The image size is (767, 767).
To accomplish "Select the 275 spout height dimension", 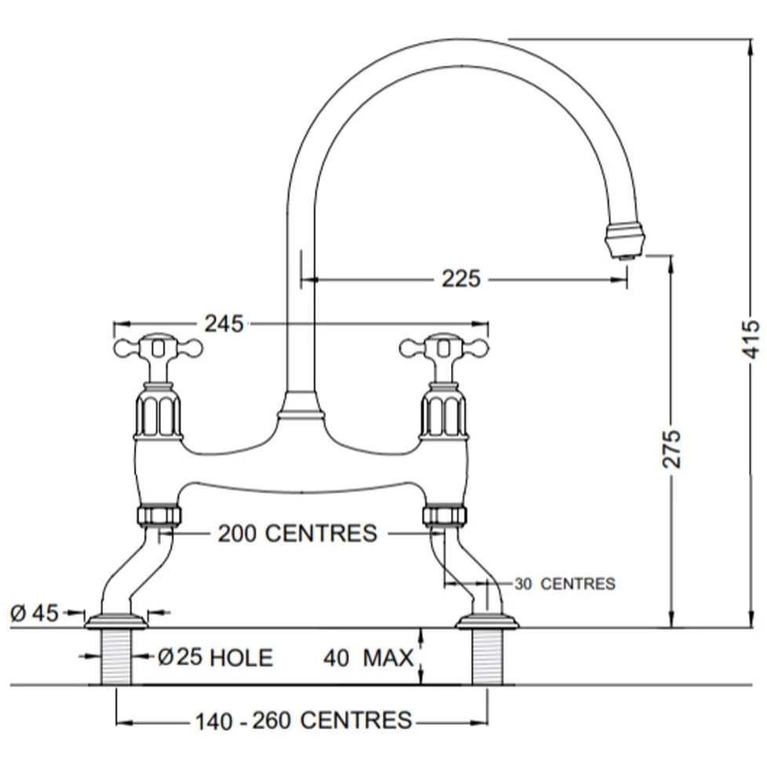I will tap(672, 449).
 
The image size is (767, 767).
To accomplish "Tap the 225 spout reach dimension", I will tap(460, 278).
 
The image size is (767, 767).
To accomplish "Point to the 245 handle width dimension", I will tap(224, 323).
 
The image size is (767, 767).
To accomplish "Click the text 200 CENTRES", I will tap(297, 533).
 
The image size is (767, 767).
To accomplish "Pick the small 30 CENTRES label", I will tap(565, 583).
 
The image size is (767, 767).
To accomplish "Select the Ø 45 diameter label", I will tap(35, 613).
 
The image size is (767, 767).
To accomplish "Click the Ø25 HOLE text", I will tap(215, 657).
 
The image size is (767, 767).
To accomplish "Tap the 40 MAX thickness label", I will tap(368, 657).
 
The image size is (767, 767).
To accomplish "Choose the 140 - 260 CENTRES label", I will tap(304, 720).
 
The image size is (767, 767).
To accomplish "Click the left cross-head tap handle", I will tap(158, 347).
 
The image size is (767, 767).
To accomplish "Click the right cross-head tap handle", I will tap(444, 347).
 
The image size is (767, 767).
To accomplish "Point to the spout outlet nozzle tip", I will tap(625, 240).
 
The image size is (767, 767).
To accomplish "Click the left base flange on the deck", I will tap(116, 622).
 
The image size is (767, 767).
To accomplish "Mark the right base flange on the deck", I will tap(487, 622).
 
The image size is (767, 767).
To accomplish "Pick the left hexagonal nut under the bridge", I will tap(159, 515).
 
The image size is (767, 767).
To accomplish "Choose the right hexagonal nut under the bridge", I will tap(445, 515).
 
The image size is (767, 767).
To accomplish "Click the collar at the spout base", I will tap(301, 406).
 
